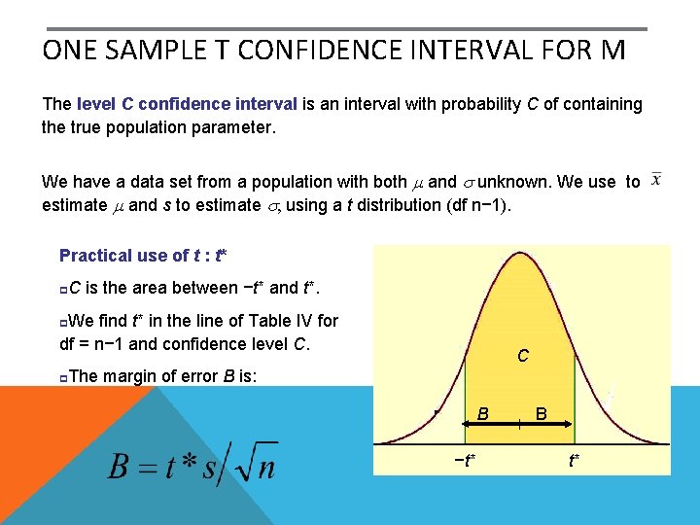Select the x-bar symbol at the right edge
[x=657, y=180]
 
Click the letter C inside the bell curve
[x=523, y=357]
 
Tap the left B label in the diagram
[x=482, y=415]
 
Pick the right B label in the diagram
[x=542, y=415]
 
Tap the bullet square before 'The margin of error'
[x=63, y=376]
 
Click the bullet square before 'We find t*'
[x=63, y=320]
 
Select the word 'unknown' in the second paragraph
[x=519, y=182]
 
